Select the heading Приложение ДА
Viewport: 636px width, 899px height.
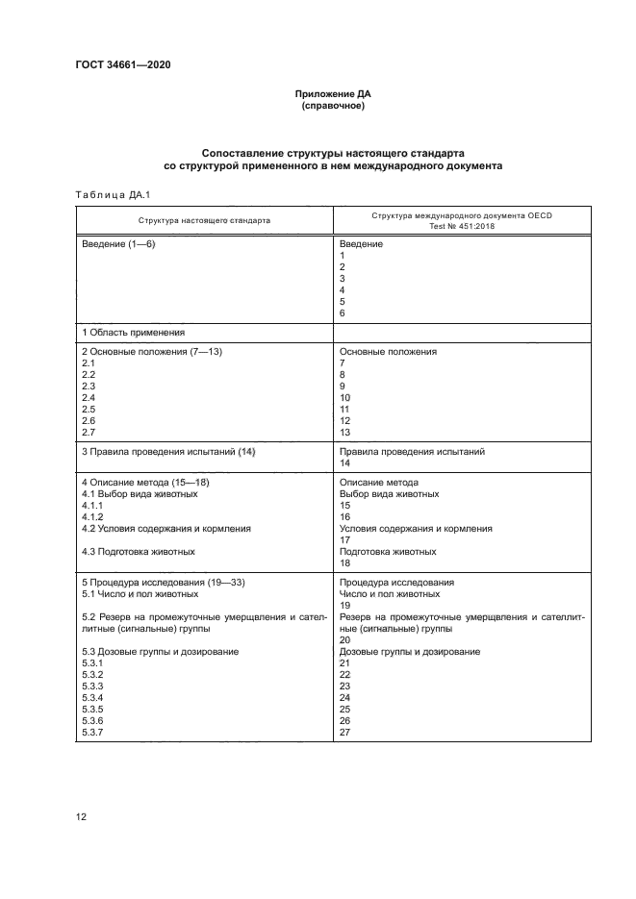333,94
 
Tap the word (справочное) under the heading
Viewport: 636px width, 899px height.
333,106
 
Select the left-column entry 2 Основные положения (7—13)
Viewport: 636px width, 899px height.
152,352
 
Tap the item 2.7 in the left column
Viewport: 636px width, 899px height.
89,433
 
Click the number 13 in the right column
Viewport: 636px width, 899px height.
346,433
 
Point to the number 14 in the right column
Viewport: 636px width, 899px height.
346,462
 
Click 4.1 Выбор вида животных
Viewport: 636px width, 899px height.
140,493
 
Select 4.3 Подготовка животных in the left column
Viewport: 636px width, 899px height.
139,551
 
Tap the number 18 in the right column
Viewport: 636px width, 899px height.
346,562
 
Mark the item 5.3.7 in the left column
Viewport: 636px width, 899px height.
92,733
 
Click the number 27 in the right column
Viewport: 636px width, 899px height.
346,733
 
